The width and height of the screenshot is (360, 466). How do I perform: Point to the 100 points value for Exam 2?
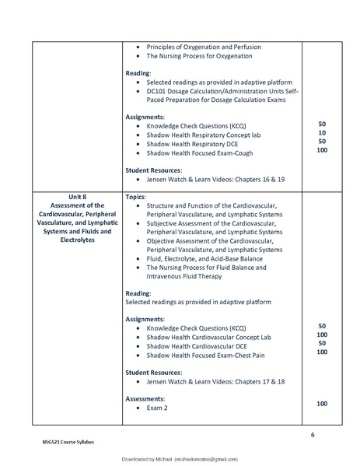tap(323, 404)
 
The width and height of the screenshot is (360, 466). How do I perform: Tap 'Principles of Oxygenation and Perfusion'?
tap(204, 47)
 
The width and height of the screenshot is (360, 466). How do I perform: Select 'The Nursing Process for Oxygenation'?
tap(197, 57)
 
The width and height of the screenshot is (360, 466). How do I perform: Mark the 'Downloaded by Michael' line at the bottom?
tap(180, 460)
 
